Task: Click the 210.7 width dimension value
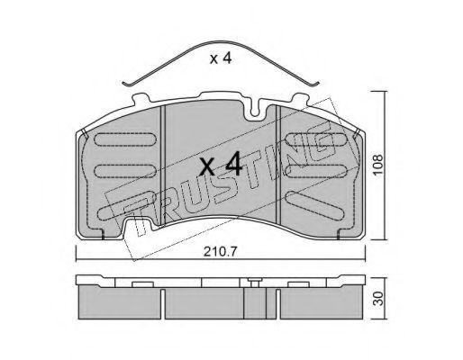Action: tap(221, 252)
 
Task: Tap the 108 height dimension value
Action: tap(378, 166)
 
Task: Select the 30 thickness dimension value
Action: tap(379, 299)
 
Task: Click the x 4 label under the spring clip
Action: tap(221, 58)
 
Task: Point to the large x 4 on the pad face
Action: tap(221, 164)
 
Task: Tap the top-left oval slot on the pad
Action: tap(125, 139)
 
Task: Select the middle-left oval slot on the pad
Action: tap(125, 171)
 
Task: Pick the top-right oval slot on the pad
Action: tap(316, 139)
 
